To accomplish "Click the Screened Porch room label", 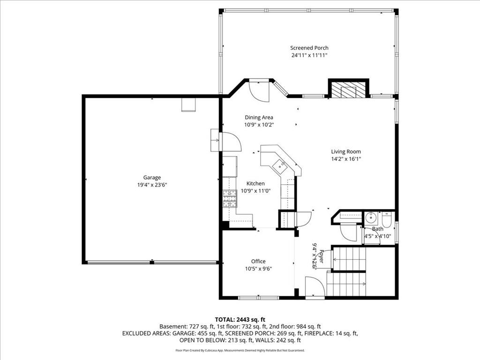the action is pos(309,48).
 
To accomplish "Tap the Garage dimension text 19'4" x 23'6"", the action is pos(152,185).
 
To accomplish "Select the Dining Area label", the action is pos(259,117).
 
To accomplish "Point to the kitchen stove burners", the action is pos(230,198).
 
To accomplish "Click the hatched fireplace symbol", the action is pos(349,90).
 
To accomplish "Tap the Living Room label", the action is pos(346,151).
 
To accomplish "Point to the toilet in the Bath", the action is pos(387,219).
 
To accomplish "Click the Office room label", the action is pos(258,261).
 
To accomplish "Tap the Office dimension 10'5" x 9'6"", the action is pos(258,269).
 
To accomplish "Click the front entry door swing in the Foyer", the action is pos(315,286).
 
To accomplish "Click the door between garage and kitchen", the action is pos(231,142).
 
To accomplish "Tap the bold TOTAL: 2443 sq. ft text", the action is pos(240,320).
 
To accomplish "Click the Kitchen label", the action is pos(255,183).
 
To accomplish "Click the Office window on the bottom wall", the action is pos(259,297).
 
